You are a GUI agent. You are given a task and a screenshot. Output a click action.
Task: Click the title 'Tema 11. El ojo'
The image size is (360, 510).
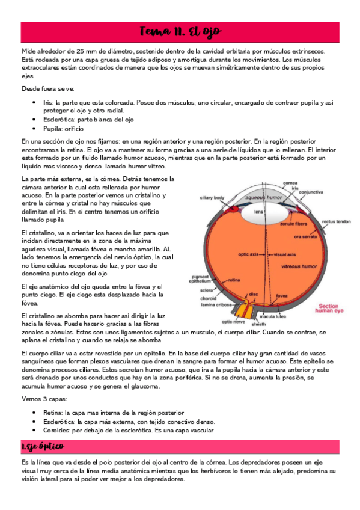[x=180, y=31]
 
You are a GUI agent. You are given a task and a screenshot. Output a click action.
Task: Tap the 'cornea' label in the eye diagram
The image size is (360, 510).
[x=291, y=183]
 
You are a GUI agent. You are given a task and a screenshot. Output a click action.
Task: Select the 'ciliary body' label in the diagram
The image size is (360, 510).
[x=212, y=197]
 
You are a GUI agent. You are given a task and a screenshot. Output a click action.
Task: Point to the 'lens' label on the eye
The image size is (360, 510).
[x=259, y=212]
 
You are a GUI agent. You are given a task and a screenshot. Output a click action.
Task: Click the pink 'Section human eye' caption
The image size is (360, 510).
[x=332, y=308]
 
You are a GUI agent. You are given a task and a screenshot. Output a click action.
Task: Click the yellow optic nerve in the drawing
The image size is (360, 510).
[x=244, y=309]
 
